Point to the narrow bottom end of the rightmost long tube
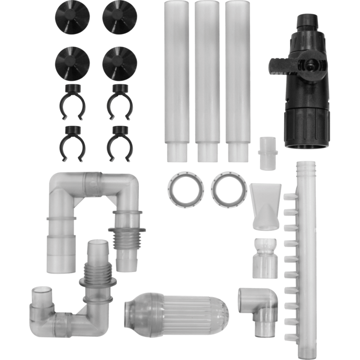[237, 152]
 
